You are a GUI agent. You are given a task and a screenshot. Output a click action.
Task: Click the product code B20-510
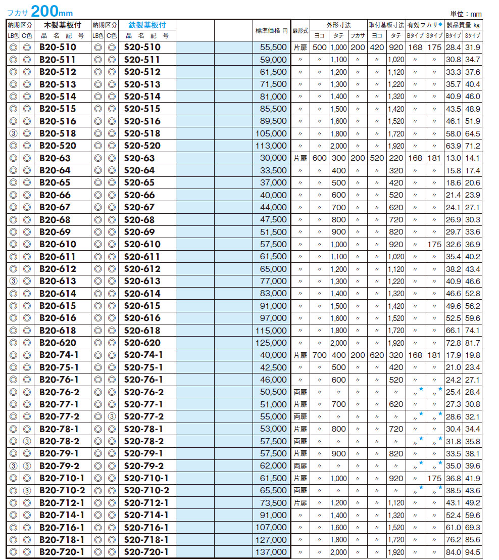(x=58, y=48)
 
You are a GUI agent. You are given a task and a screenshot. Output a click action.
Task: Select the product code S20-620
(x=142, y=343)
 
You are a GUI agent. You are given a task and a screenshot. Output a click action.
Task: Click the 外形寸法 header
(x=338, y=25)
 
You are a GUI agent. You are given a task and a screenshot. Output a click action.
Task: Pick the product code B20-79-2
(x=62, y=466)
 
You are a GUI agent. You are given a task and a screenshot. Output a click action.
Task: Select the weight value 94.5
(x=473, y=552)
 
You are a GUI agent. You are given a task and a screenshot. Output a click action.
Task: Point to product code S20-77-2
(x=144, y=416)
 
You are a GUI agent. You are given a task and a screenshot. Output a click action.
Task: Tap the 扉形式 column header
(x=300, y=31)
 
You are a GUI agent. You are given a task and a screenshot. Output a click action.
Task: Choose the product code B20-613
(x=58, y=281)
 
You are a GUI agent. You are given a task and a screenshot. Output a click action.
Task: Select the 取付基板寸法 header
(x=386, y=25)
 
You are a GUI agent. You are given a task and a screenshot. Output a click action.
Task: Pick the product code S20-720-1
(x=146, y=552)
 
